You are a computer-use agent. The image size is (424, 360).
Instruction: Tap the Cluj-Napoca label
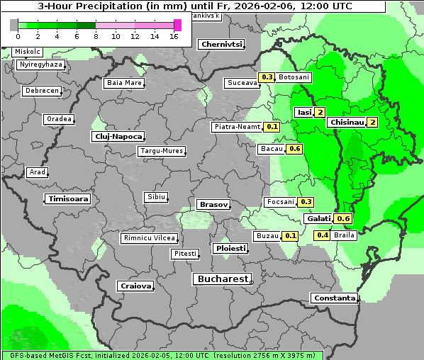pyautogui.click(x=118, y=136)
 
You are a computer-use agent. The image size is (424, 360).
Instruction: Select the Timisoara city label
pyautogui.click(x=69, y=199)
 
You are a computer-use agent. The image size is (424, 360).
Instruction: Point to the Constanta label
pyautogui.click(x=334, y=298)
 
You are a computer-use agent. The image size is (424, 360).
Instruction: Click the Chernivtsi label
pyautogui.click(x=221, y=44)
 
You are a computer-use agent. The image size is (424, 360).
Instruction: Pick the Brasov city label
pyautogui.click(x=213, y=204)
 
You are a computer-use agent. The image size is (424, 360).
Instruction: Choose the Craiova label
pyautogui.click(x=135, y=286)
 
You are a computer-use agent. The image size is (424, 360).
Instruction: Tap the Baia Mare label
pyautogui.click(x=124, y=83)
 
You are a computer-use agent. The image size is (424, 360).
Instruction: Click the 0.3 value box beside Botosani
pyautogui.click(x=267, y=77)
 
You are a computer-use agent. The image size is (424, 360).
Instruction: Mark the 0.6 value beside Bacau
pyautogui.click(x=295, y=149)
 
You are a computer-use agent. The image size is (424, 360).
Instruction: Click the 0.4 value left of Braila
pyautogui.click(x=323, y=235)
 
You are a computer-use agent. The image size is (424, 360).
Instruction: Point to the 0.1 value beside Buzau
pyautogui.click(x=290, y=235)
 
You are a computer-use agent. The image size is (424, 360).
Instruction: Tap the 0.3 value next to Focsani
pyautogui.click(x=306, y=202)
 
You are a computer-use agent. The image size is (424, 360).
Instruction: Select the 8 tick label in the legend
pyautogui.click(x=96, y=35)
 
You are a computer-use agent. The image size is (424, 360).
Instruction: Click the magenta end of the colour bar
pyautogui.click(x=177, y=25)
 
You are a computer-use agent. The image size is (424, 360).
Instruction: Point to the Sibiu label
pyautogui.click(x=155, y=196)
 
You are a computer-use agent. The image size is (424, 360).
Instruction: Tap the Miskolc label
pyautogui.click(x=28, y=52)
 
